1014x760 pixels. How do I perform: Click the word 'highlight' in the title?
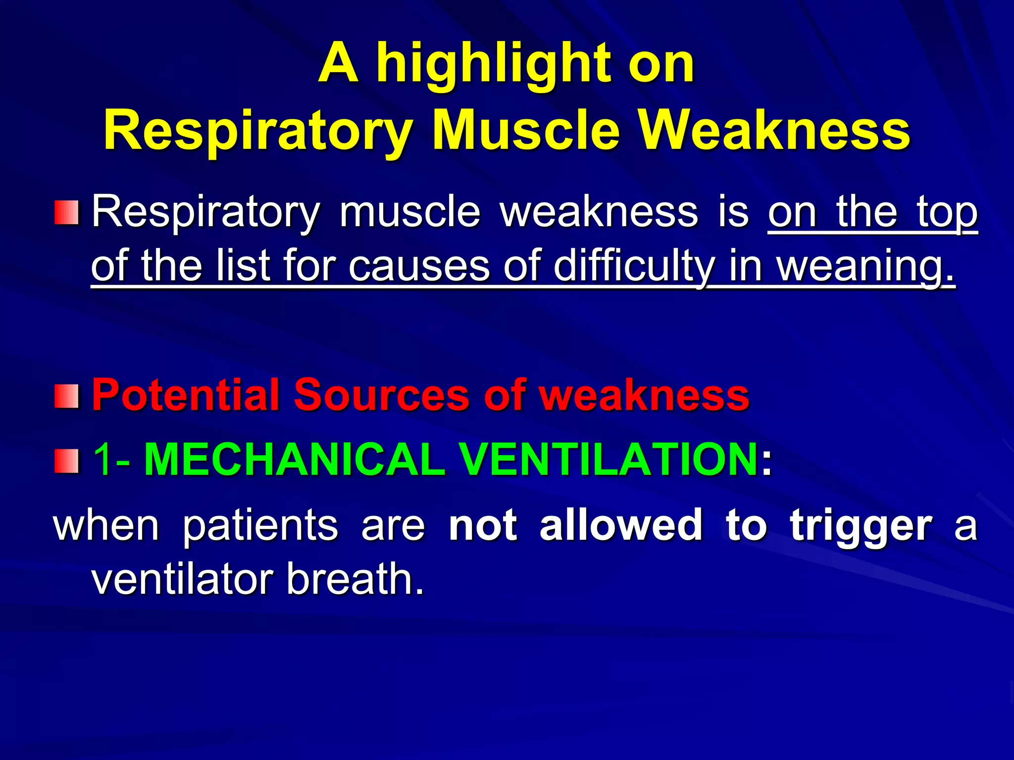click(495, 64)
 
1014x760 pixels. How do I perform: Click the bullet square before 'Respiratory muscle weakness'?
click(66, 212)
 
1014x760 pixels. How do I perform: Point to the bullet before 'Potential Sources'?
click(66, 396)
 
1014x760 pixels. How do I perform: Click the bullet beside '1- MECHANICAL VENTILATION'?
click(66, 461)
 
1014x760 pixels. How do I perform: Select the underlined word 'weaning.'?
click(864, 267)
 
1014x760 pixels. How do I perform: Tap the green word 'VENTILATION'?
click(609, 460)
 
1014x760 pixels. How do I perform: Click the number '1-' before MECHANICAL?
click(112, 460)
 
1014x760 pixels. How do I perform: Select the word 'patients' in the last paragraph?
click(260, 525)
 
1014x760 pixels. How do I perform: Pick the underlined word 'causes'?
click(419, 267)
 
